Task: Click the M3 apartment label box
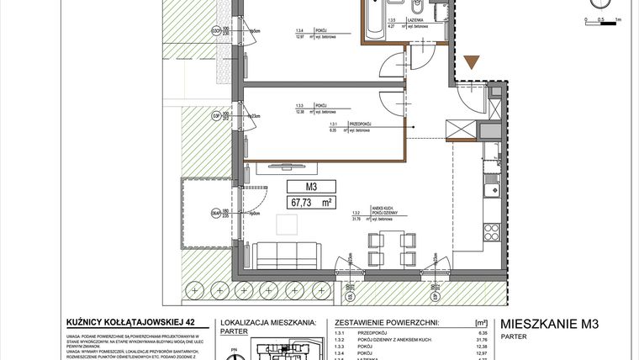click(310, 187)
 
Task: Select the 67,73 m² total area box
click(310, 202)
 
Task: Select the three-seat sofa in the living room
click(288, 253)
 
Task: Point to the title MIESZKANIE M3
click(553, 323)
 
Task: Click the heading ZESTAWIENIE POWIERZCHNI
click(387, 321)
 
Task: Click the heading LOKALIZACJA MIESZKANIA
click(267, 321)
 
